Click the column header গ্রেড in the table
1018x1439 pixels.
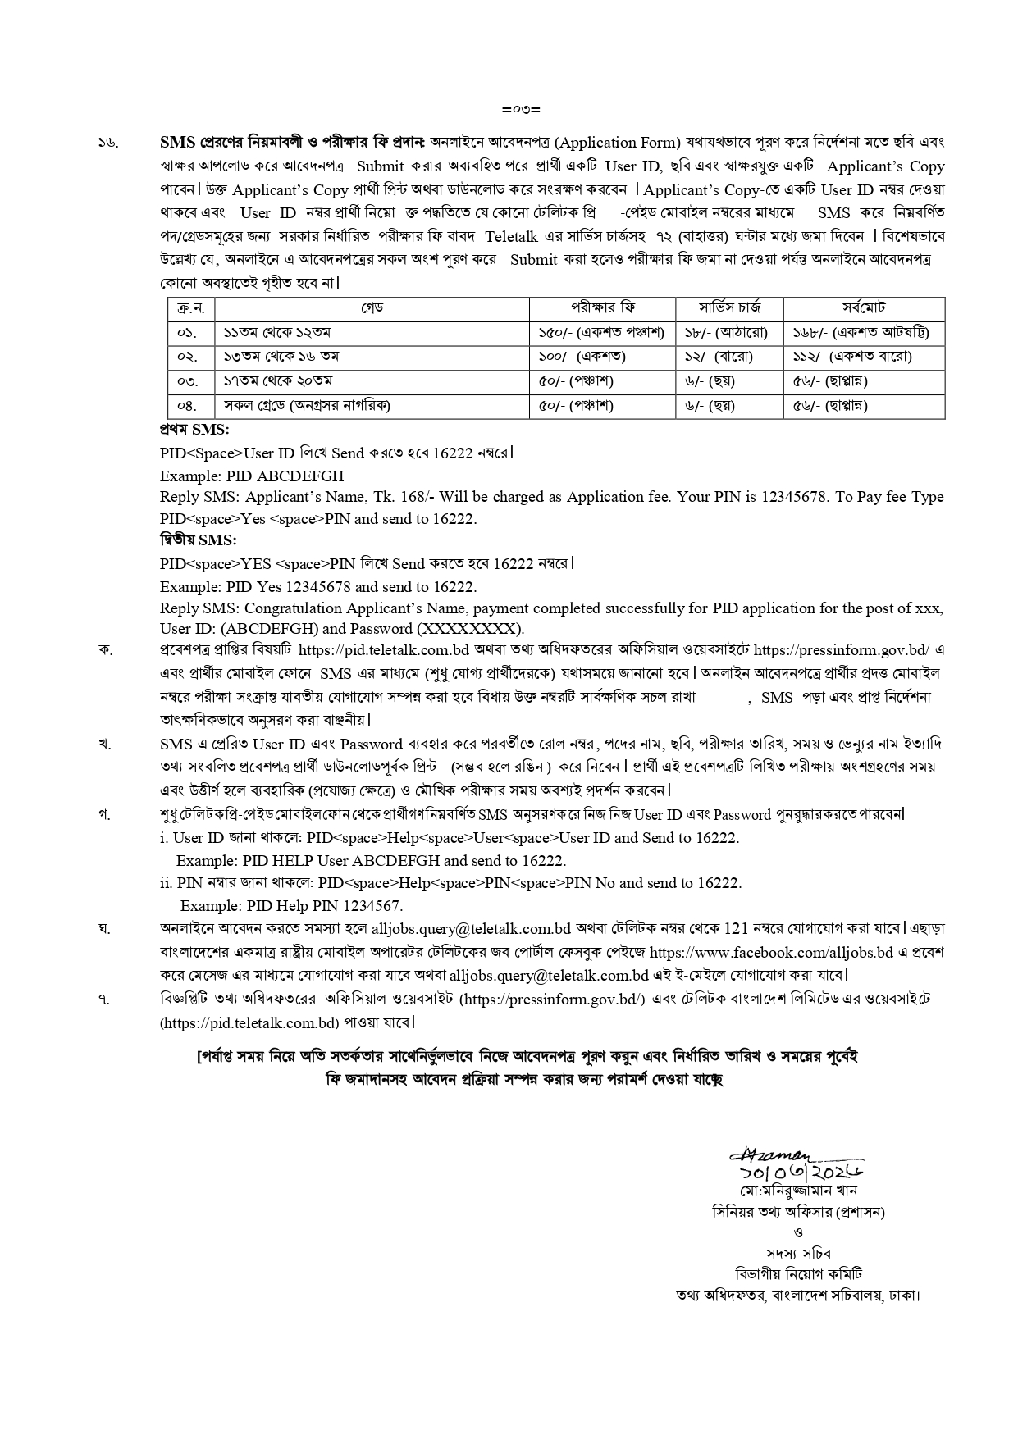(372, 308)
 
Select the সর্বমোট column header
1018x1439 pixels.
(863, 308)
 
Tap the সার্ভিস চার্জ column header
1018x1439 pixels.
(729, 308)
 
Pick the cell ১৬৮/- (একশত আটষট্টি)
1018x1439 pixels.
(861, 333)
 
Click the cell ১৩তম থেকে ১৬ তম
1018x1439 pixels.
(281, 357)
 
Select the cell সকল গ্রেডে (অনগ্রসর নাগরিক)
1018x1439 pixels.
(307, 405)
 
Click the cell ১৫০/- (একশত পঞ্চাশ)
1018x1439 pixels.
(601, 333)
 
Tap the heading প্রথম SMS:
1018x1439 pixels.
(194, 429)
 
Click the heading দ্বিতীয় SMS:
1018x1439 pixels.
(198, 540)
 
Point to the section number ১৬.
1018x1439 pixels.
(107, 143)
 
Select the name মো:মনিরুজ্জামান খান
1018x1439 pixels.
(797, 1191)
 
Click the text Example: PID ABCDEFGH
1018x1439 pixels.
(252, 476)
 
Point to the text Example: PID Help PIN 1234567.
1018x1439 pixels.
(291, 906)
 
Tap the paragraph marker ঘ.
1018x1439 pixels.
(104, 930)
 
